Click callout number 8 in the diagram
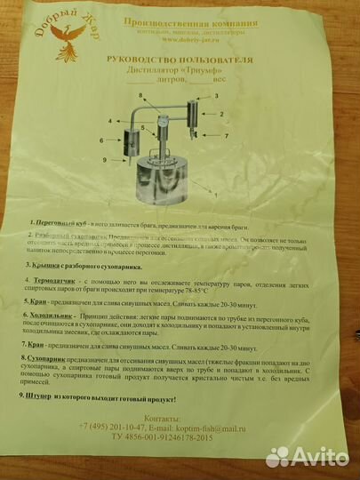click(140, 95)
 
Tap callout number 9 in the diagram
click(106, 160)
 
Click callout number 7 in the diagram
click(228, 135)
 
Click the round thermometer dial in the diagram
click(164, 122)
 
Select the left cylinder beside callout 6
click(124, 142)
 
